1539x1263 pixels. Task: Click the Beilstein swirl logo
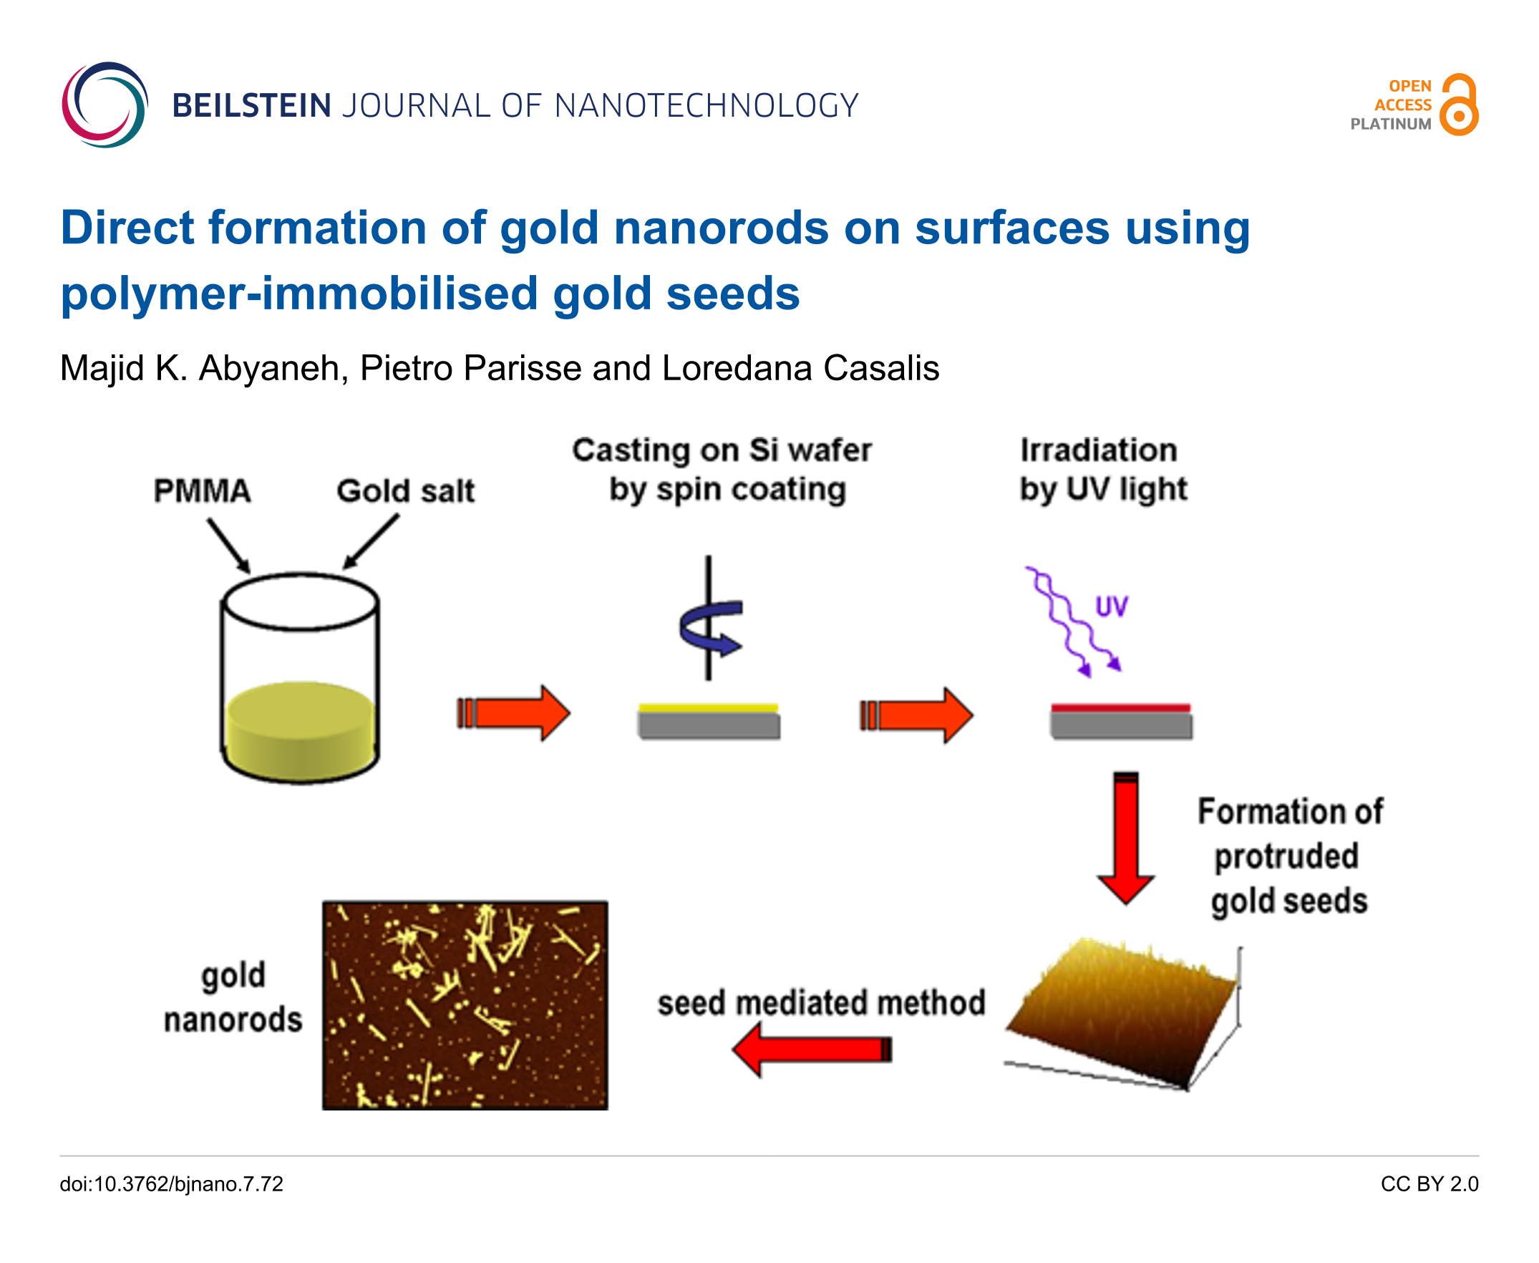coord(104,104)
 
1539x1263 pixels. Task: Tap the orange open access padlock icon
coord(1459,104)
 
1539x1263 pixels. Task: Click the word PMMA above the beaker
coord(202,490)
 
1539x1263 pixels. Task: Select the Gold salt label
coord(405,490)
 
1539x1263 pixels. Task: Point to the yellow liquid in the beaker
coord(301,731)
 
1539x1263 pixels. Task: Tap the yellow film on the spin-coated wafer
coord(709,708)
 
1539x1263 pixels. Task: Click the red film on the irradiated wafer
coord(1121,708)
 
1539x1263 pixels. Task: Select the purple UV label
coord(1112,606)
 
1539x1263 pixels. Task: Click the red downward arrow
coord(1126,837)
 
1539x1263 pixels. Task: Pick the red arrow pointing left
coord(812,1049)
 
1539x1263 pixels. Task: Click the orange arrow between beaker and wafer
coord(513,713)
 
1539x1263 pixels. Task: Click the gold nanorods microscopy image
coord(465,1005)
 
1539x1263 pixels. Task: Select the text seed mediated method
coord(821,1002)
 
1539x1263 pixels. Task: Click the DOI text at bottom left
coord(172,1184)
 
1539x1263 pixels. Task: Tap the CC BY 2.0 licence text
coord(1429,1184)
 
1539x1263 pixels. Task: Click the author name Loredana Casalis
coord(800,368)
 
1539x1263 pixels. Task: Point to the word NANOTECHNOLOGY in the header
coord(707,105)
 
